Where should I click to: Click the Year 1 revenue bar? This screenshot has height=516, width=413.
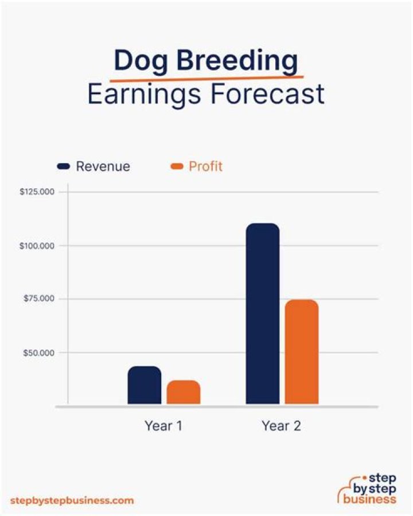click(145, 385)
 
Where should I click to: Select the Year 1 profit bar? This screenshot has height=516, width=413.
click(184, 392)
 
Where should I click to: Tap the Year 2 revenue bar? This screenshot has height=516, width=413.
click(263, 313)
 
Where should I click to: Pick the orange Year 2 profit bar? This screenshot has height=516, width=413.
click(302, 352)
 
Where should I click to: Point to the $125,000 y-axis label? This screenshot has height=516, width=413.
click(37, 192)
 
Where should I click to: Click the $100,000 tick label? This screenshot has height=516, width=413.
click(37, 246)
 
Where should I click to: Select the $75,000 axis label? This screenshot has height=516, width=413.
click(39, 298)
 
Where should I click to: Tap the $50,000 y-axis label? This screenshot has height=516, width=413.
click(39, 353)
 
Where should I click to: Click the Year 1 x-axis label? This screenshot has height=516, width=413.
click(163, 426)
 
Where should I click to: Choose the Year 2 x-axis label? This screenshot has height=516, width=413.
click(282, 426)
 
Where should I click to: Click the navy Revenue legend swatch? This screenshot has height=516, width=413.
click(64, 166)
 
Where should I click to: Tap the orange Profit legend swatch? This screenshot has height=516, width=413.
click(177, 166)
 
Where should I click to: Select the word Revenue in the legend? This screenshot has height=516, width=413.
click(103, 166)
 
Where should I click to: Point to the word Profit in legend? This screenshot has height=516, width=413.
click(205, 166)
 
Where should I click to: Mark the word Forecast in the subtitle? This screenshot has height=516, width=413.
click(268, 94)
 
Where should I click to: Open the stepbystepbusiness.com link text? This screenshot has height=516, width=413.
click(72, 501)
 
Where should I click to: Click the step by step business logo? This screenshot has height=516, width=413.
click(367, 488)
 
